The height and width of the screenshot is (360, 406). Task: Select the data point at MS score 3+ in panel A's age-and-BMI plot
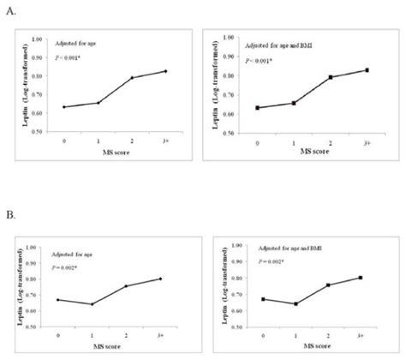click(x=367, y=70)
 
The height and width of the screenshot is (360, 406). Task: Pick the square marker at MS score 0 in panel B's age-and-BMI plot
click(x=263, y=299)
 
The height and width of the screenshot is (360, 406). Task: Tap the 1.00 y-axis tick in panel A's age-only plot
click(x=37, y=39)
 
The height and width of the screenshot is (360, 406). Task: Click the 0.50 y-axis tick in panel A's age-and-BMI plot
click(x=232, y=134)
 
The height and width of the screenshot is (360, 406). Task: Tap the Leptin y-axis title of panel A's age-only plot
click(x=16, y=86)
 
